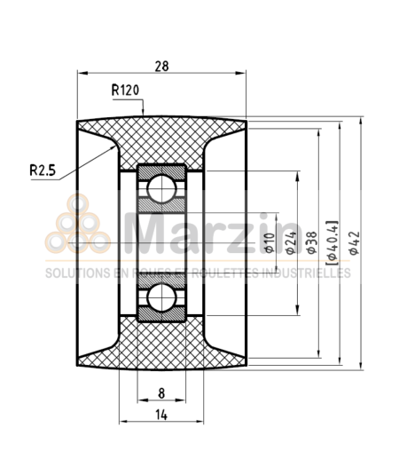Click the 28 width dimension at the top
click(x=162, y=65)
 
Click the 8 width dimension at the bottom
click(x=160, y=392)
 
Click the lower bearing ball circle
click(x=160, y=297)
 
